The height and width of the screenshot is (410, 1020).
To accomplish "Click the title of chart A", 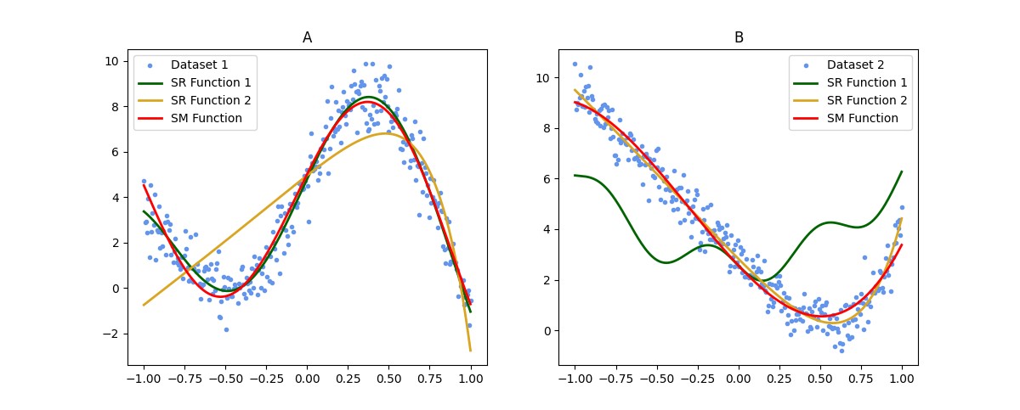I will (307, 38).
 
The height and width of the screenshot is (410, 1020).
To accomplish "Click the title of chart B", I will (739, 38).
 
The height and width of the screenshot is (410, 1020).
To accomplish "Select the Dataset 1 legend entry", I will (199, 65).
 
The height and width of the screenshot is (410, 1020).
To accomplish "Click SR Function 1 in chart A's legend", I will (209, 82).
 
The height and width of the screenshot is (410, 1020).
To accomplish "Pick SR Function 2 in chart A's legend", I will (209, 100).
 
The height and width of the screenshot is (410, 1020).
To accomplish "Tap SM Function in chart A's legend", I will (206, 118).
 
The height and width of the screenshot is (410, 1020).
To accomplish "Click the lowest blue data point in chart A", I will (226, 329).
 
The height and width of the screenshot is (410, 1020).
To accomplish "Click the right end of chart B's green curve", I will (902, 171).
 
